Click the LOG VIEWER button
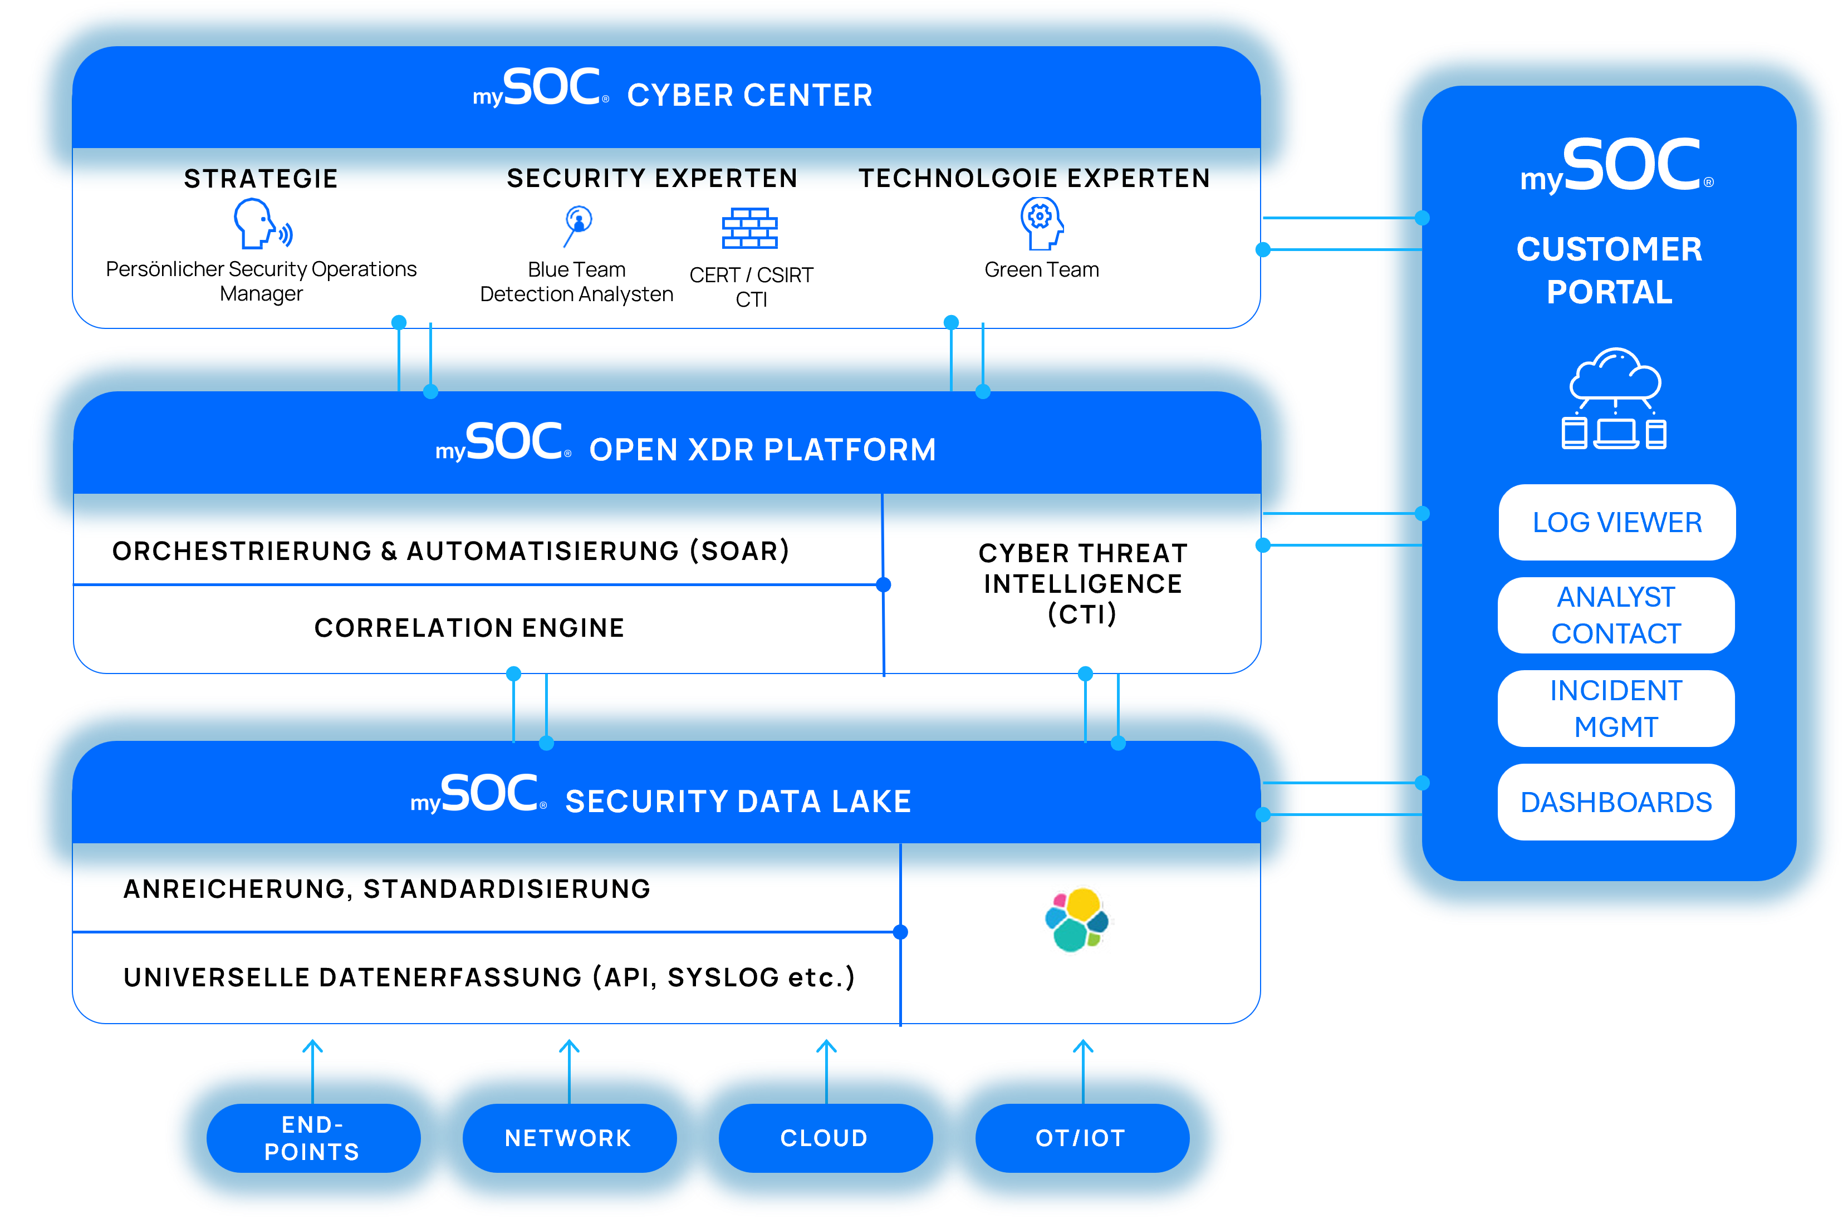[1617, 523]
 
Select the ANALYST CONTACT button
[1616, 615]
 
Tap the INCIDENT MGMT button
[1616, 708]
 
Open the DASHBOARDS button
[1616, 802]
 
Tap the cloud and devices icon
[1614, 399]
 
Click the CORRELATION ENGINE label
[469, 627]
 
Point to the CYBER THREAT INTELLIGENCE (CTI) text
[1082, 583]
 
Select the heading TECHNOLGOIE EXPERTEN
[1035, 178]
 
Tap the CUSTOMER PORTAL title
[1609, 270]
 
